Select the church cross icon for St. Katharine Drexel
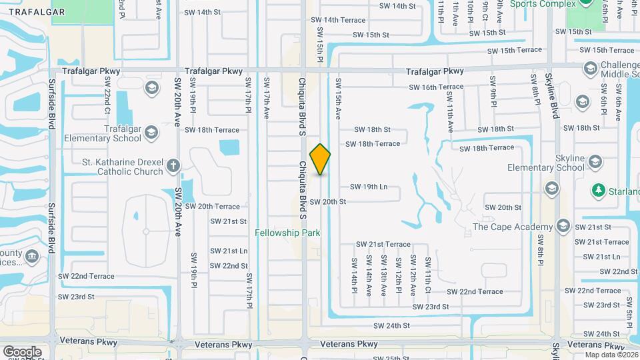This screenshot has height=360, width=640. point(173,165)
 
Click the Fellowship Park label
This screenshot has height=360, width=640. point(287,233)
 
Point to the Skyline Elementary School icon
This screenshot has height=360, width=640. point(595,161)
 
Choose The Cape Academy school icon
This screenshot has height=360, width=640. point(563,227)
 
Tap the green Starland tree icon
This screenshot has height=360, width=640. point(598,191)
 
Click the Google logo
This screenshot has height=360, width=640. point(22,352)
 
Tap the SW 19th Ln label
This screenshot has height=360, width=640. point(369,187)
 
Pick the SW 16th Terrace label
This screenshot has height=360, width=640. point(437,87)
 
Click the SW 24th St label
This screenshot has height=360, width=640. point(391,326)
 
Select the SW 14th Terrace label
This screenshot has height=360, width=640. point(344,20)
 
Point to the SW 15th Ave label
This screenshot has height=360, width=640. point(338,99)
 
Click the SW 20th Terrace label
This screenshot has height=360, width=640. point(212,207)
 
